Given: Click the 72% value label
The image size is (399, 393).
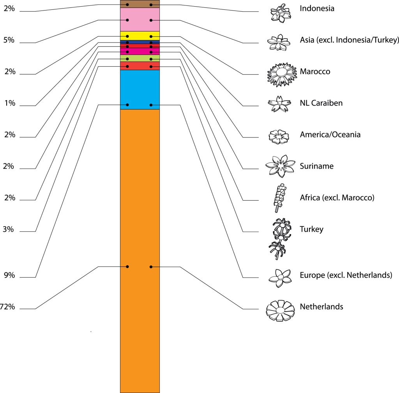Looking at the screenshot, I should coord(7,307).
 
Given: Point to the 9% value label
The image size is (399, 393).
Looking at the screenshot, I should coord(9,275).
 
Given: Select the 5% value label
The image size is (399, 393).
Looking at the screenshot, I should coord(9,40).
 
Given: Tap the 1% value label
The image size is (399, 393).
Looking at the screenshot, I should coord(9,103).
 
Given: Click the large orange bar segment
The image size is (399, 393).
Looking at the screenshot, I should coord(139,249).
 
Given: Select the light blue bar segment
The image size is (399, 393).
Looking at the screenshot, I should coord(139,90).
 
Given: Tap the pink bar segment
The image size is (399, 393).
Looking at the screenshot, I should coord(139,19).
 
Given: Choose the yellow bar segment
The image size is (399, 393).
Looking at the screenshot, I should coord(139,35).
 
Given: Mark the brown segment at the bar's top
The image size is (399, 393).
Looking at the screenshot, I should coord(139,4).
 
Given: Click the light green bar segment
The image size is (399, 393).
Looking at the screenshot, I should coord(139,58).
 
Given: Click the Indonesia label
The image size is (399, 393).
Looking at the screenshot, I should coord(317,8).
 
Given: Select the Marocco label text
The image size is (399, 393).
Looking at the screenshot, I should coord(315,72).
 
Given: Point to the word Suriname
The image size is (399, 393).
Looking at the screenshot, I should coord(316,166).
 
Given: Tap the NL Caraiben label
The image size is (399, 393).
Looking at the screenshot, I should coord(321,103).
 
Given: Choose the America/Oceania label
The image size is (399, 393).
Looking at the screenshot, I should coord(330,135).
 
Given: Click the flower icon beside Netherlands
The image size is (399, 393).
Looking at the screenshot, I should coord(280,310).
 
